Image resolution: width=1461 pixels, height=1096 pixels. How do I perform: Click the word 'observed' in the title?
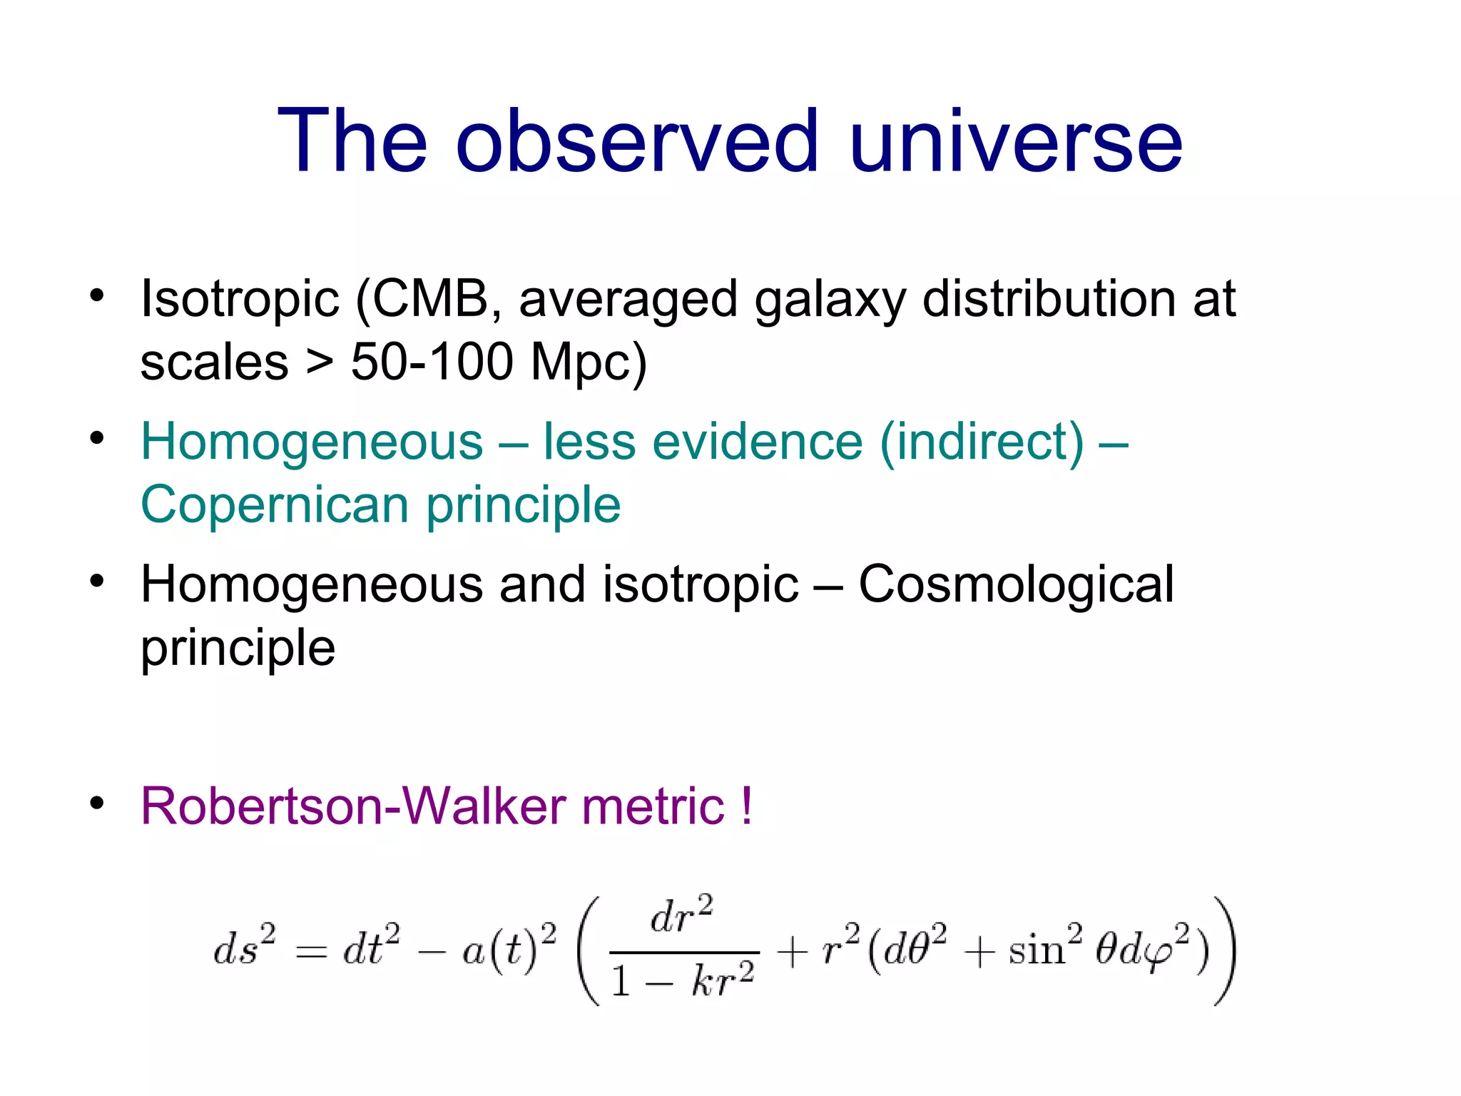coord(636,141)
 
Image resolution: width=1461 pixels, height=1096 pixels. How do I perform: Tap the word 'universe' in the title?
coord(1016,141)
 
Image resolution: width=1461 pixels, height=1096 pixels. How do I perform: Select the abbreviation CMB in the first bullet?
coord(431,298)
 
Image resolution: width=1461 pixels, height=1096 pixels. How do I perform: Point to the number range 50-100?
coord(432,362)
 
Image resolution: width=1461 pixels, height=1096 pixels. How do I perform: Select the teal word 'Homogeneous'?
coord(312,442)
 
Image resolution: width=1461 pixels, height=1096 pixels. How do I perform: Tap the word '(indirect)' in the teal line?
coord(982,442)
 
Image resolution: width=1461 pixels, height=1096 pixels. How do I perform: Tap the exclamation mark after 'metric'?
coord(746,806)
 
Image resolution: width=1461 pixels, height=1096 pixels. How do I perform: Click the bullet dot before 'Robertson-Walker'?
coord(97,803)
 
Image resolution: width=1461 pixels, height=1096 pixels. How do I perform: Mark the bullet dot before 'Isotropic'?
coord(97,295)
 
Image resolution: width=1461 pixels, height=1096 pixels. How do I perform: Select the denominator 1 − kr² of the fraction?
coord(683,980)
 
